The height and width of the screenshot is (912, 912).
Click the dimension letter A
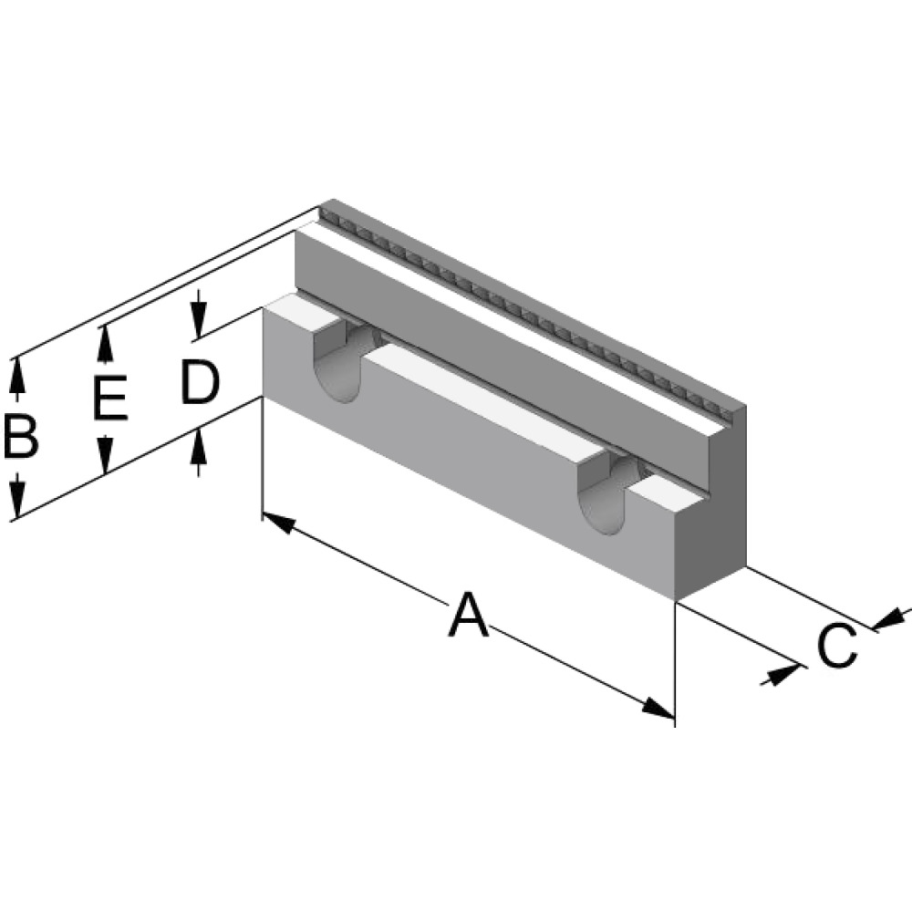[x=468, y=615]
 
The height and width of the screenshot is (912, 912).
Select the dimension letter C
[x=836, y=646]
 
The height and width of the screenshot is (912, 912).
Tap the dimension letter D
[x=199, y=383]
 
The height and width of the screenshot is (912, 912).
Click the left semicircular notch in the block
[x=341, y=365]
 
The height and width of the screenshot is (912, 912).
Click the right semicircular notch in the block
[x=606, y=497]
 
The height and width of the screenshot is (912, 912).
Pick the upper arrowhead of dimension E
[x=105, y=343]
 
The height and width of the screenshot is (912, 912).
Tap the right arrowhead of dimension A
[x=658, y=708]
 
